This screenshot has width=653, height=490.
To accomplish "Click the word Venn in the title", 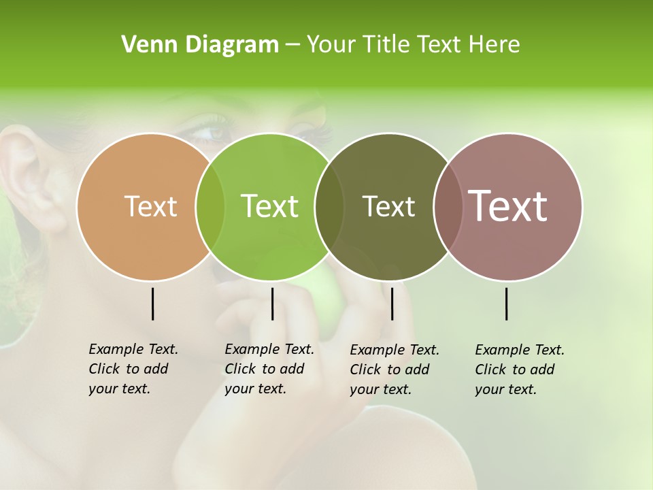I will (144, 45).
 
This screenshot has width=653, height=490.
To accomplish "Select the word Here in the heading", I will (495, 45).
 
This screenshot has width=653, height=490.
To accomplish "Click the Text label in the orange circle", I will (150, 206).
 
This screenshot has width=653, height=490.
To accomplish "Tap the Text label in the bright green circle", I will (270, 206).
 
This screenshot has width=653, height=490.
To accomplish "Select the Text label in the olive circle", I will (388, 206).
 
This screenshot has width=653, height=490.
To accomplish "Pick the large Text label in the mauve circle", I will (508, 206).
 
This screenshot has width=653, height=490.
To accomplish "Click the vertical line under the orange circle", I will (152, 304).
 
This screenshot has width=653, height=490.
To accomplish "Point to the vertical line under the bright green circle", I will (272, 304).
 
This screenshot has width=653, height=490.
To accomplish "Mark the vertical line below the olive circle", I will (392, 304).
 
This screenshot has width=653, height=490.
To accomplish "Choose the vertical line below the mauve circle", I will (507, 304).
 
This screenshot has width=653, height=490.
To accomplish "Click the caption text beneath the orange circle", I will (133, 369).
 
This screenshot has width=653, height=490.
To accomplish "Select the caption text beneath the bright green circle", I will (269, 369).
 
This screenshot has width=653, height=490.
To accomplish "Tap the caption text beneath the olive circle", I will (395, 370).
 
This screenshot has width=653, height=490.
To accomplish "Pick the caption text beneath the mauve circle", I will (519, 370).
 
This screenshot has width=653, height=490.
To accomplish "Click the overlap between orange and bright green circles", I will (210, 206).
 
